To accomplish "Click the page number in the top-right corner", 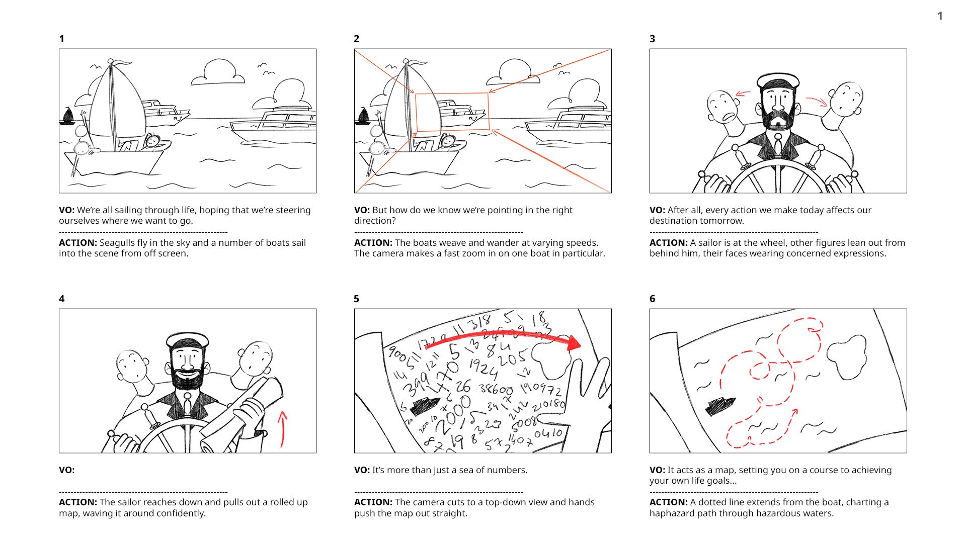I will click(939, 16).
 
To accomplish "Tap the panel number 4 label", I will click(61, 299).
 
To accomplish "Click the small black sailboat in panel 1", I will click(67, 117).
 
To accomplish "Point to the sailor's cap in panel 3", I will click(778, 81).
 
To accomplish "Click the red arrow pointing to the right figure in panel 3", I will click(816, 101).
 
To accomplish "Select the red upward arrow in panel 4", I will click(283, 429).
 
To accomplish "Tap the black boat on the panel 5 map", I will click(426, 405).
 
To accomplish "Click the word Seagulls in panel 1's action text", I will click(117, 243).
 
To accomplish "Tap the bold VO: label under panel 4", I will click(66, 470).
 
